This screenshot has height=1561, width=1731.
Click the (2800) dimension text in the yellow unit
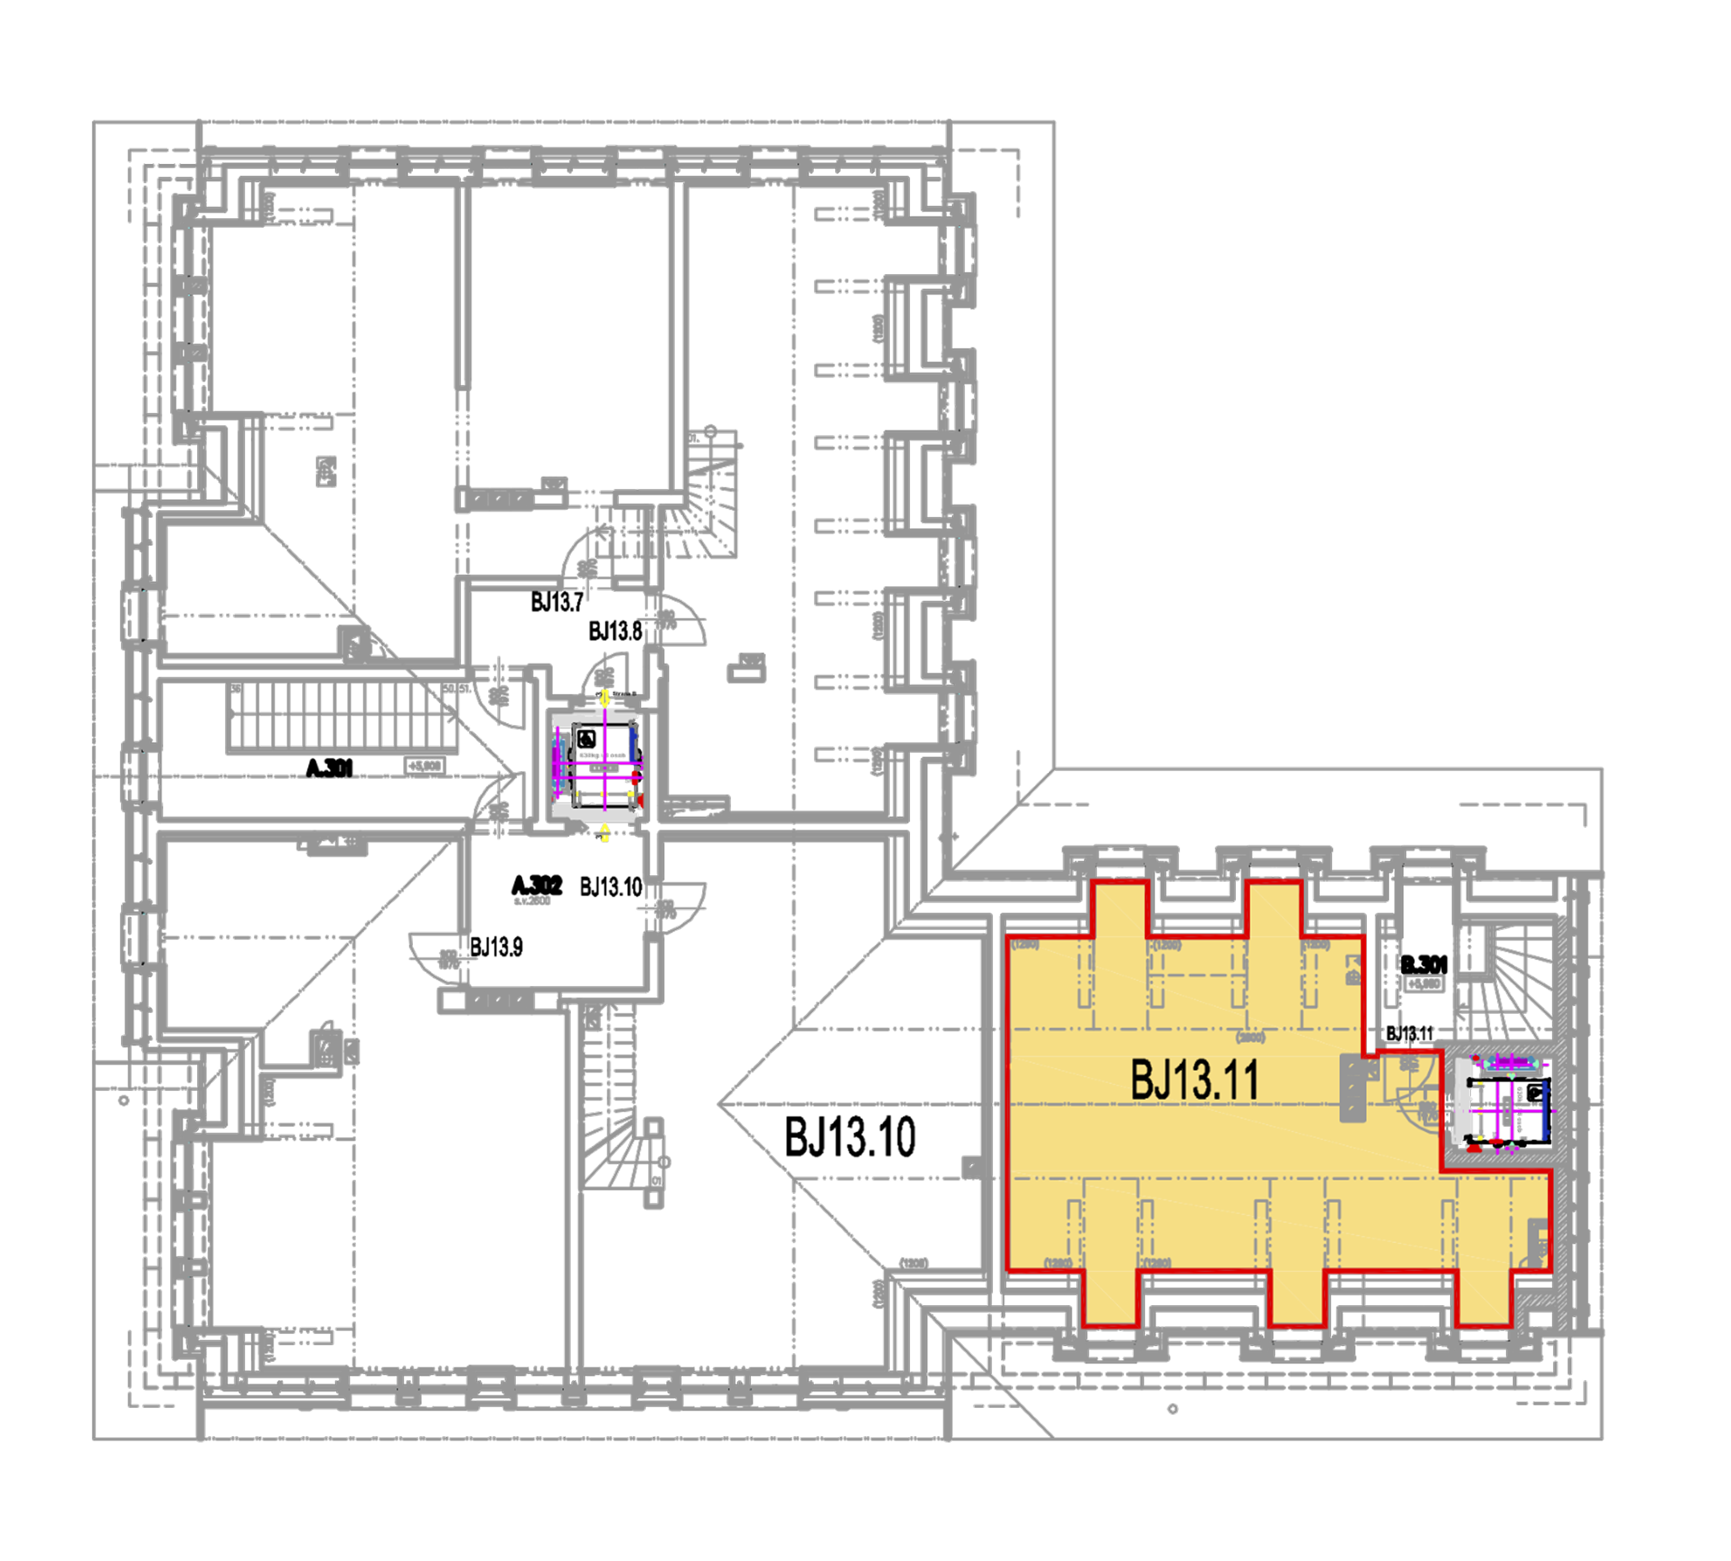pyautogui.click(x=1251, y=1038)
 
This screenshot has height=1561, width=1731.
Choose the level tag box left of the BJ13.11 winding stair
pyautogui.click(x=1423, y=983)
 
